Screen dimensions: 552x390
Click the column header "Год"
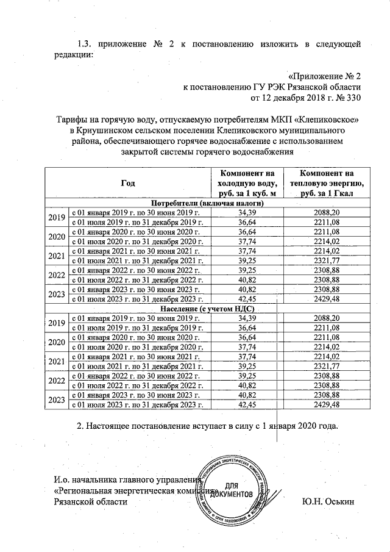[127, 182]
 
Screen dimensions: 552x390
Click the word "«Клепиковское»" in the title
[327, 120]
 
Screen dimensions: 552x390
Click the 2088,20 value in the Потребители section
[326, 212]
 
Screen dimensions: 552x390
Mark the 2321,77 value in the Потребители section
[326, 260]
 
